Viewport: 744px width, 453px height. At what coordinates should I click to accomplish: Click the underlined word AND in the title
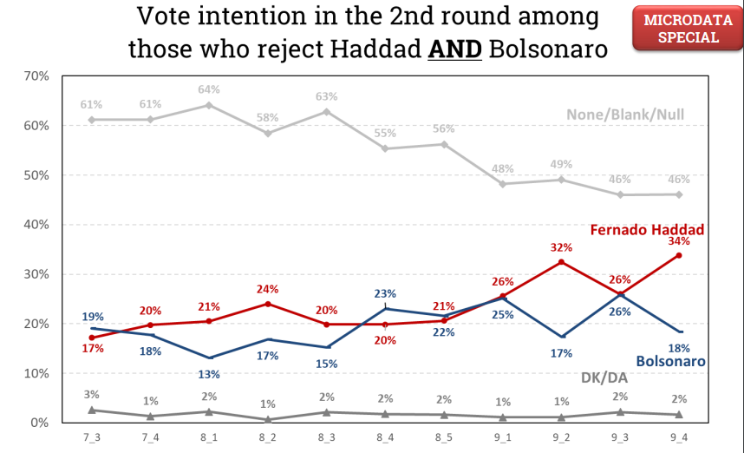(455, 48)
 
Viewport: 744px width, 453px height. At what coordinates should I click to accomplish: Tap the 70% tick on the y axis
(36, 76)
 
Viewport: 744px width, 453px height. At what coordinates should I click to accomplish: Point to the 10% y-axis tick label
(36, 373)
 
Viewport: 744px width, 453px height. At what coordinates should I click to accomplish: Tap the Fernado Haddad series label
(647, 230)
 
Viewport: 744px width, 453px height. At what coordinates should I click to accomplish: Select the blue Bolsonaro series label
(669, 361)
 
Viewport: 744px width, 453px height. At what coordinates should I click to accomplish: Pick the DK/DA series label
(604, 378)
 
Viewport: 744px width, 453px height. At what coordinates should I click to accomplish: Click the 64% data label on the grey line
(209, 89)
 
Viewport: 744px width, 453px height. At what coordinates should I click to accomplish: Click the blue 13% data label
(209, 374)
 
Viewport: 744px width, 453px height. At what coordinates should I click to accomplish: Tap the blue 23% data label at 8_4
(385, 293)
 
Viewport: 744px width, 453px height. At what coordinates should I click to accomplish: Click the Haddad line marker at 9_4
(679, 255)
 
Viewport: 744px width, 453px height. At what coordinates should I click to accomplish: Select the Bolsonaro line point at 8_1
(209, 358)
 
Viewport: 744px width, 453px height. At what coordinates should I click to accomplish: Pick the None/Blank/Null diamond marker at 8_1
(209, 105)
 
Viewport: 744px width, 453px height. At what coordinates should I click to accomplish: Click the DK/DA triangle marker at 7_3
(91, 410)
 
